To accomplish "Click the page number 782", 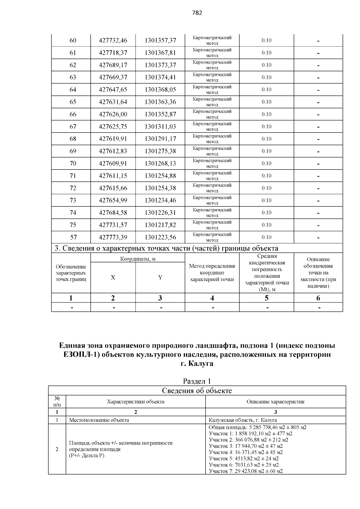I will pyautogui.click(x=197, y=13).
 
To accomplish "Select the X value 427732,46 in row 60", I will pyautogui.click(x=113, y=40).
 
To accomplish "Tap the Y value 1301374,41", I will pyautogui.click(x=160, y=77).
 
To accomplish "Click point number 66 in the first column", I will pyautogui.click(x=73, y=114).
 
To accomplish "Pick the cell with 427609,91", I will pyautogui.click(x=113, y=163).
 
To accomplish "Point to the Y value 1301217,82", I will pyautogui.click(x=160, y=225).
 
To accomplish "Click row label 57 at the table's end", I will pyautogui.click(x=73, y=237).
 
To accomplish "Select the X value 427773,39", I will pyautogui.click(x=113, y=237).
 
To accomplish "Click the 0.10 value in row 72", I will pyautogui.click(x=266, y=188).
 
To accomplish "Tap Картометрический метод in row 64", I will pyautogui.click(x=212, y=90).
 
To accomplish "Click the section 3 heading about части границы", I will pyautogui.click(x=166, y=248).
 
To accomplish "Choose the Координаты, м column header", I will pyautogui.click(x=138, y=259).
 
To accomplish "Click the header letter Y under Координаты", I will pyautogui.click(x=160, y=278).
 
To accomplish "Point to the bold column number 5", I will pyautogui.click(x=266, y=298).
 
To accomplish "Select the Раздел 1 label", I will pyautogui.click(x=197, y=381).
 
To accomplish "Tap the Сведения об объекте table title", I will pyautogui.click(x=197, y=391).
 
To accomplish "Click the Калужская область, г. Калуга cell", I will pyautogui.click(x=243, y=420).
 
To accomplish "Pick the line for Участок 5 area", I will pyautogui.click(x=244, y=459).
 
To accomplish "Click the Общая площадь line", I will pyautogui.click(x=257, y=427).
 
